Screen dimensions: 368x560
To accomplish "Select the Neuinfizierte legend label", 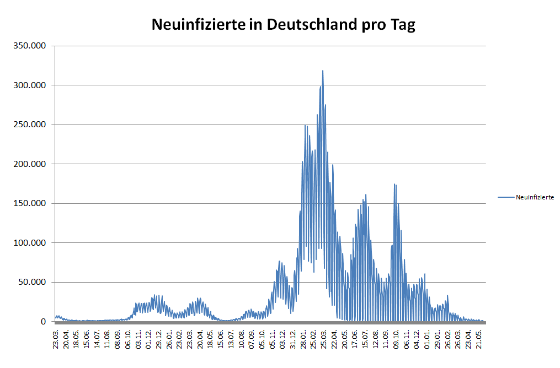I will pyautogui.click(x=535, y=197).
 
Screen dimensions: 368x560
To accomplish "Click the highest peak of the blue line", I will pyautogui.click(x=323, y=71).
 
